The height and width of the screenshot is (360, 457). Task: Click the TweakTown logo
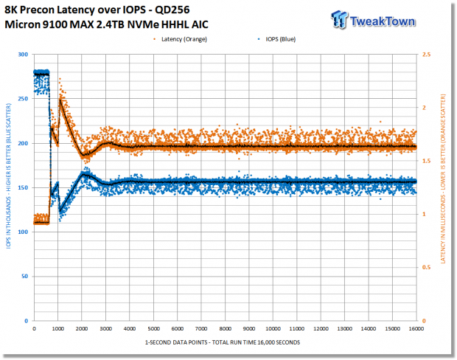pyautogui.click(x=373, y=20)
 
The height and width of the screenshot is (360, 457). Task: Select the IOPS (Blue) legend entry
pyautogui.click(x=277, y=39)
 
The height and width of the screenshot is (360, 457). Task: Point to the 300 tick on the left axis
pyautogui.click(x=23, y=55)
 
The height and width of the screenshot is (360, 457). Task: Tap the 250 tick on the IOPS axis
pyautogui.click(x=23, y=99)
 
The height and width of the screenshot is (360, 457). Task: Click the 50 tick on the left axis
pyautogui.click(x=25, y=277)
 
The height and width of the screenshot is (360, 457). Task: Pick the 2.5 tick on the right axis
pyautogui.click(x=426, y=55)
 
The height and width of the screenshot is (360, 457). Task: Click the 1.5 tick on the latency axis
pyautogui.click(x=426, y=161)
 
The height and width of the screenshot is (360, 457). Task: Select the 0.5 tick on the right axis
pyautogui.click(x=426, y=268)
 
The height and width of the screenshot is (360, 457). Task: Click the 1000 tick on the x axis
pyautogui.click(x=57, y=329)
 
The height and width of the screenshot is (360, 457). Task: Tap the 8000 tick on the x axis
pyautogui.click(x=225, y=329)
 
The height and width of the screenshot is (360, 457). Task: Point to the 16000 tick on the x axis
pyautogui.click(x=416, y=329)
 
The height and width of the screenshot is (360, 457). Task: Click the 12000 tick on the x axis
pyautogui.click(x=321, y=329)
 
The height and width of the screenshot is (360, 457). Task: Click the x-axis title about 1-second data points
pyautogui.click(x=223, y=342)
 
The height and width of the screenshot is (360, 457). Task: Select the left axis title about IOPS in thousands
pyautogui.click(x=8, y=176)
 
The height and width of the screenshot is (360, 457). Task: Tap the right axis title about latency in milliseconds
pyautogui.click(x=443, y=179)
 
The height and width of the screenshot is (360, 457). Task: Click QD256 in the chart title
pyautogui.click(x=172, y=10)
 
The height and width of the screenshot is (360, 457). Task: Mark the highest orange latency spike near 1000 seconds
pyautogui.click(x=60, y=78)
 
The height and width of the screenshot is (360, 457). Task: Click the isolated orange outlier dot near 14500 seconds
pyautogui.click(x=380, y=122)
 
